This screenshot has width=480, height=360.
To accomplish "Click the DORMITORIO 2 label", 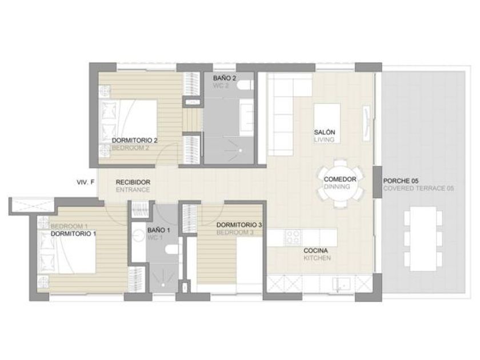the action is (135, 141).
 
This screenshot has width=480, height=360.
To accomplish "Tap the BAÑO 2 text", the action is (225, 78).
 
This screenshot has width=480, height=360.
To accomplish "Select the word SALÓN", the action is (325, 132).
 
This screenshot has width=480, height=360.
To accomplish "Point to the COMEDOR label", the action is (340, 179).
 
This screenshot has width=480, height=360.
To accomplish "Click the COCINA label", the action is (315, 250).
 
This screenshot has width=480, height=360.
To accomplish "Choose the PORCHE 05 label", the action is (401, 181).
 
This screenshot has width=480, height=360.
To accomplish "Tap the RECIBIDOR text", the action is (133, 182).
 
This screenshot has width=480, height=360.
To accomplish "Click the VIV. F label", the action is (85, 182).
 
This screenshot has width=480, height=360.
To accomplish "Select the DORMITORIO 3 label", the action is (239, 225).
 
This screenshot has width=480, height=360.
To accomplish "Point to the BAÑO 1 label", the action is (159, 230).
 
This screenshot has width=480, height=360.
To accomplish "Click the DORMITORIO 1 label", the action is (74, 234).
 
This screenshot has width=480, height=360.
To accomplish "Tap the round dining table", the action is (341, 183).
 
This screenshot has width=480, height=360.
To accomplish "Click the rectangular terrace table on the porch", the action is (423, 239).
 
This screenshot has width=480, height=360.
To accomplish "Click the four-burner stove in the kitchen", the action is (293, 237).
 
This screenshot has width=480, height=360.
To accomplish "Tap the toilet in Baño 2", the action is (246, 85).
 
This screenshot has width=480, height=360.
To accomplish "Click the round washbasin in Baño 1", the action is (139, 235).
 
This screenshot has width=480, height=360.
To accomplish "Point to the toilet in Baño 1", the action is (172, 250).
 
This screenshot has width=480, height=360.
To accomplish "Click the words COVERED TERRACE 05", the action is (418, 188).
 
